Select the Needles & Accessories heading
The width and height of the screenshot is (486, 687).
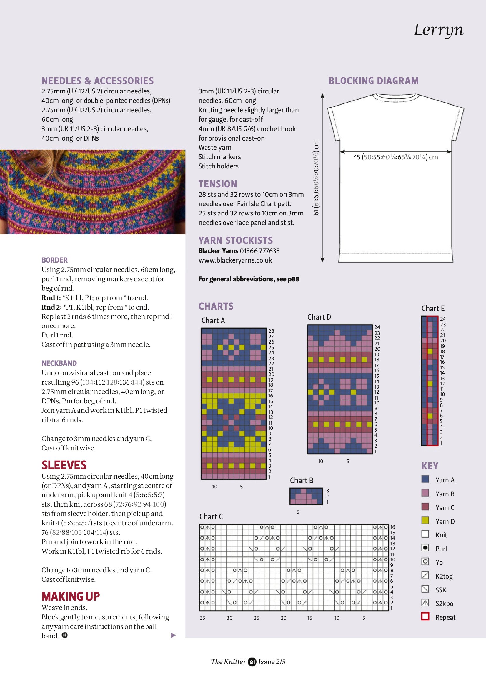(x=97, y=81)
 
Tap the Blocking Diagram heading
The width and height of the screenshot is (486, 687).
(x=373, y=81)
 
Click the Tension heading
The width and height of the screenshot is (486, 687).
(x=217, y=184)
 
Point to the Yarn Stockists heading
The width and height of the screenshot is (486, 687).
(x=235, y=240)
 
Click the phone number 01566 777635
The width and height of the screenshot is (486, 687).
(x=259, y=251)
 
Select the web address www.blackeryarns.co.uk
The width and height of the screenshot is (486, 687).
(x=235, y=260)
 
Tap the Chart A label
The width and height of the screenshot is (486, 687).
(x=213, y=320)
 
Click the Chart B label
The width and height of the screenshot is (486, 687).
(x=301, y=480)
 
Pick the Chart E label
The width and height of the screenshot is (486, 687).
(x=433, y=308)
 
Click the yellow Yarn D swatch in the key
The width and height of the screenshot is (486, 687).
(x=425, y=521)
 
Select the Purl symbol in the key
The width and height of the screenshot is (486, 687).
(x=425, y=548)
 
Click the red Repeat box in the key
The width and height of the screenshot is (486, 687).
(x=425, y=616)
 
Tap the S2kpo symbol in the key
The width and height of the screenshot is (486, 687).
(x=425, y=603)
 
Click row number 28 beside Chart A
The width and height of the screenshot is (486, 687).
(x=271, y=331)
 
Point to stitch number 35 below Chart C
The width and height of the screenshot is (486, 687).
(x=202, y=618)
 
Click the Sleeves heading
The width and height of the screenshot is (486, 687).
(x=64, y=465)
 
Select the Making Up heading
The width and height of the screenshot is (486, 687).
(x=70, y=596)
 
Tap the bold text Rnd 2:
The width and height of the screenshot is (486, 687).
(x=51, y=307)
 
